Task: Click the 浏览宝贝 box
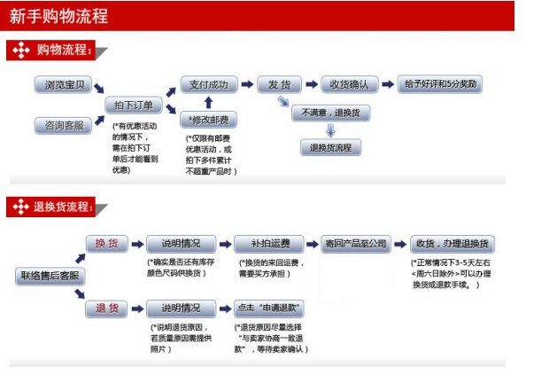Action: pyautogui.click(x=62, y=85)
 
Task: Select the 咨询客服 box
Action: pyautogui.click(x=62, y=126)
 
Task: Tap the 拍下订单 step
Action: pyautogui.click(x=134, y=106)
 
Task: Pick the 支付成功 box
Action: pyautogui.click(x=209, y=85)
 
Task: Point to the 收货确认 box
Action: pyautogui.click(x=349, y=85)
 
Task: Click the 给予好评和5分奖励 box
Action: pyautogui.click(x=441, y=85)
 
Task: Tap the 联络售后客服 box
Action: pyautogui.click(x=50, y=276)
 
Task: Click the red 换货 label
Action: pyautogui.click(x=107, y=244)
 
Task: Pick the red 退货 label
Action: pyautogui.click(x=107, y=309)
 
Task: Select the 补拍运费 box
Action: pyautogui.click(x=269, y=244)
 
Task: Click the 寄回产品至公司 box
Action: pyautogui.click(x=355, y=244)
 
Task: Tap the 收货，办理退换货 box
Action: pyautogui.click(x=452, y=244)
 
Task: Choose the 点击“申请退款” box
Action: pyautogui.click(x=269, y=309)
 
